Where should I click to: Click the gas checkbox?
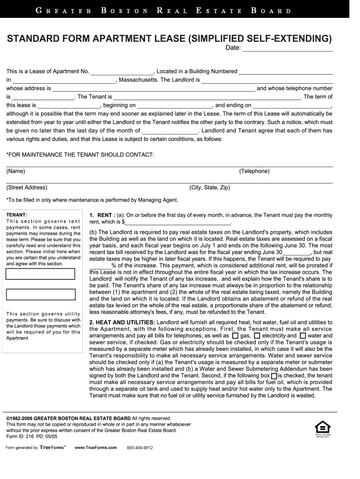click(235, 336)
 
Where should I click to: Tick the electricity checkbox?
click(257, 336)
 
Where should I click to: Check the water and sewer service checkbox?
click(302, 336)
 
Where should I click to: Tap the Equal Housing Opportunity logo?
click(323, 428)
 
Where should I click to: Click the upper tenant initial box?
click(41, 274)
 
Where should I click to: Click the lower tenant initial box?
click(41, 294)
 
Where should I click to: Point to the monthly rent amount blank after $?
click(178, 222)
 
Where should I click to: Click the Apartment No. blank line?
click(122, 72)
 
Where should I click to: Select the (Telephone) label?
click(254, 171)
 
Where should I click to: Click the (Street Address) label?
click(27, 188)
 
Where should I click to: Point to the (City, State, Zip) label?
click(209, 188)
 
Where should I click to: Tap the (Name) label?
click(15, 171)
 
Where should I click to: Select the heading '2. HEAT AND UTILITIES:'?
click(122, 322)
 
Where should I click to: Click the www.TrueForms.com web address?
click(95, 448)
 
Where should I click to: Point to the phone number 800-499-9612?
click(140, 448)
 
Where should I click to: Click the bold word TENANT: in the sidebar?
click(17, 215)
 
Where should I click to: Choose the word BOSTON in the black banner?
click(124, 10)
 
